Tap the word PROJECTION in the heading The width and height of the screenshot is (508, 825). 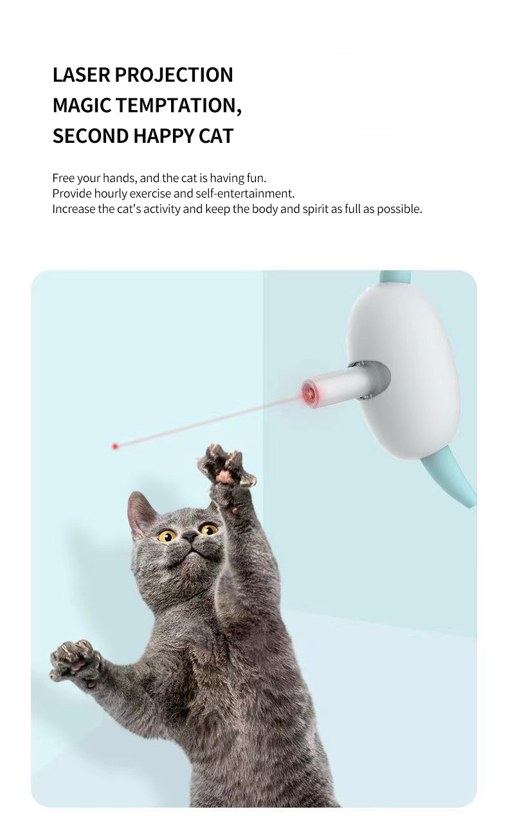(174, 75)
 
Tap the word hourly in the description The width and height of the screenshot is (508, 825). (110, 194)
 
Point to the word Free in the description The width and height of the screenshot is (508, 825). (63, 178)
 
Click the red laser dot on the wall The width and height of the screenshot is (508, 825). (115, 447)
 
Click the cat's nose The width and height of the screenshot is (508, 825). (190, 537)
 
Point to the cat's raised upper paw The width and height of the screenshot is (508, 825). (225, 467)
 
